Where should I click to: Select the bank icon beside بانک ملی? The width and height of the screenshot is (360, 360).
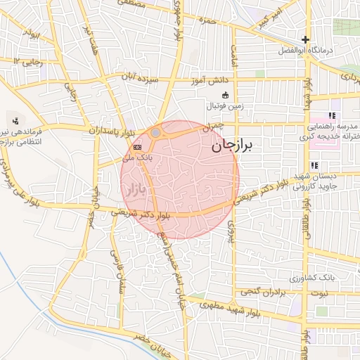[136, 146]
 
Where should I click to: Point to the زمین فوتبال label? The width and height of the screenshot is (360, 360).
[224, 106]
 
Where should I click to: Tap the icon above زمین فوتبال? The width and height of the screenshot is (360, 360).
[225, 96]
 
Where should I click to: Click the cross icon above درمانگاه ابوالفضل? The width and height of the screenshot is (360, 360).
[305, 39]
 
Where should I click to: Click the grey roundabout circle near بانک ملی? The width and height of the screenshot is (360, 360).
[155, 132]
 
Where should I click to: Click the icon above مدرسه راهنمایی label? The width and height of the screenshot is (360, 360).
[332, 116]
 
